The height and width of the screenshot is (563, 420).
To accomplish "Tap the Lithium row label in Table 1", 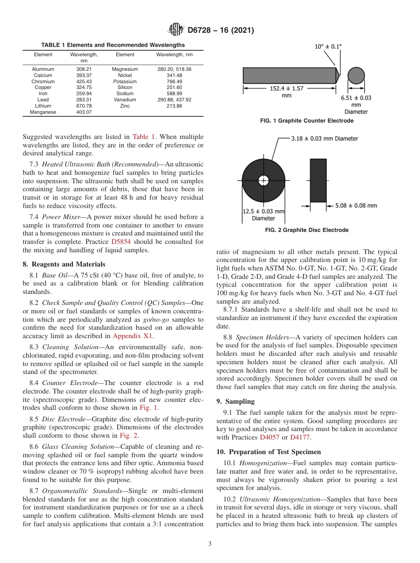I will click(43, 106).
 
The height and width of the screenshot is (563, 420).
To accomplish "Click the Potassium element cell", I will click(125, 82).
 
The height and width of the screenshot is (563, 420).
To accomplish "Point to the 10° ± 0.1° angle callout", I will click(328, 46).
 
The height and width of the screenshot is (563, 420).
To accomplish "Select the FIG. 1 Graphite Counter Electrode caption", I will click(306, 121).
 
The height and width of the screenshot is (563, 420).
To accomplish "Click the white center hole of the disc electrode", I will click(263, 181).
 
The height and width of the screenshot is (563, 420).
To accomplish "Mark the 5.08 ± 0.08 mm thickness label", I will click(356, 205).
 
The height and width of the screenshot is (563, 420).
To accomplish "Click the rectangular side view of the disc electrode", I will click(318, 180).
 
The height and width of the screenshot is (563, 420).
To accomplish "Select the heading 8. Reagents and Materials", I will click(64, 265).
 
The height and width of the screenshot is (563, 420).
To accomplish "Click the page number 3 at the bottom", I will click(210, 544).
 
